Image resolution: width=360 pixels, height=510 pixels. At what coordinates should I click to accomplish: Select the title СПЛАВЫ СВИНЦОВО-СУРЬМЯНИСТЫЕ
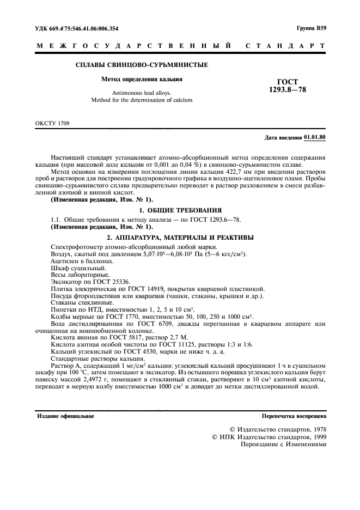pos(141,65)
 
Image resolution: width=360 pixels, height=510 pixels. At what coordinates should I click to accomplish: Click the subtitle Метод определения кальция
pos(142,79)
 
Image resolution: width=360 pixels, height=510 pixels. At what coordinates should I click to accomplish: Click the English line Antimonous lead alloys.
pos(141,93)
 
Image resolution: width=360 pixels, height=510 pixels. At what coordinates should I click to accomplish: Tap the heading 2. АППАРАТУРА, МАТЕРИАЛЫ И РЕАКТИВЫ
pos(180,237)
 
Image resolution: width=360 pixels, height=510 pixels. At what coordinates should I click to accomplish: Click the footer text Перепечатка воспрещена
pos(294,416)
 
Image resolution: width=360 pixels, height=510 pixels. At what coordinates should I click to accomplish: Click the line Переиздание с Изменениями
pos(283,444)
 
